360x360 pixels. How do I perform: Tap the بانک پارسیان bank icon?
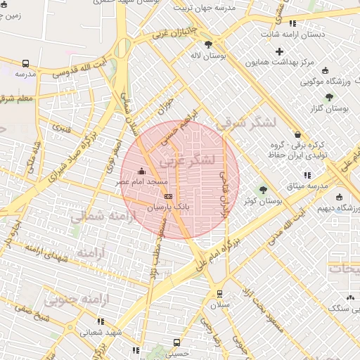click(167, 196)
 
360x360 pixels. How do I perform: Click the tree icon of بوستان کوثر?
click(264, 189)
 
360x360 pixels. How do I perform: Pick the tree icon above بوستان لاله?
click(209, 44)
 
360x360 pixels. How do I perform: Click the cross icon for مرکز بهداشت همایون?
click(280, 51)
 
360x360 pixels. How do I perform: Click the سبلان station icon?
click(219, 293)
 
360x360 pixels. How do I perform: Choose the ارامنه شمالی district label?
click(98, 217)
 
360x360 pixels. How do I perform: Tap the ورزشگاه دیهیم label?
click(334, 209)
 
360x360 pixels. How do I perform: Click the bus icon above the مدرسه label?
click(25, 63)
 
